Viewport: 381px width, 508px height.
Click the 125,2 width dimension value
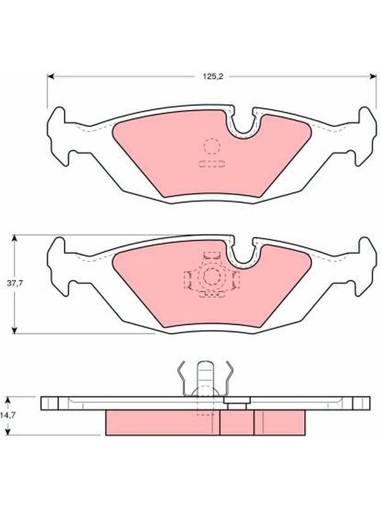pyautogui.click(x=213, y=77)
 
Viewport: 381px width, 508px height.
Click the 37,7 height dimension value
pyautogui.click(x=15, y=283)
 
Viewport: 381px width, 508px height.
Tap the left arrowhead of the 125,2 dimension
pyautogui.click(x=50, y=76)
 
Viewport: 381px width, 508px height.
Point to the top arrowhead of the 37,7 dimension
pyautogui.click(x=14, y=238)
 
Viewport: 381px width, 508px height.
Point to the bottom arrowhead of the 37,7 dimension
pyautogui.click(x=14, y=330)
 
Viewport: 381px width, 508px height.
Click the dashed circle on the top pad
pyautogui.click(x=212, y=146)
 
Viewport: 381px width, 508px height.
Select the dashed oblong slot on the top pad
pyautogui.click(x=212, y=164)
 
